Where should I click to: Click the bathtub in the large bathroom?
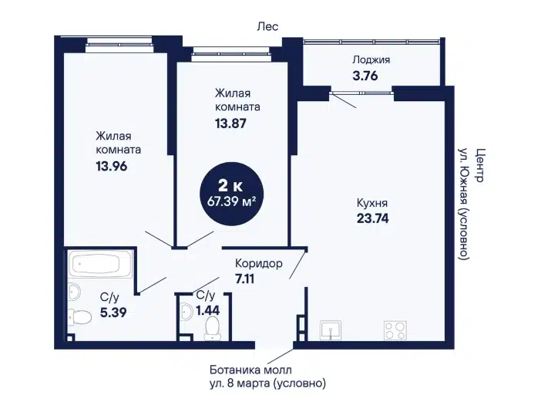(101, 263)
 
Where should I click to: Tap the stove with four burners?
(395, 330)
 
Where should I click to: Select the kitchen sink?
(331, 330)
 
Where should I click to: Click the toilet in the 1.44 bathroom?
(212, 329)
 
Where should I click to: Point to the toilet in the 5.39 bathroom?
(79, 316)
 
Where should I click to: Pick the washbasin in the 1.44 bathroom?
(186, 311)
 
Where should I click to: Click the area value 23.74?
(373, 218)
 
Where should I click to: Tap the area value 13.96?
(112, 166)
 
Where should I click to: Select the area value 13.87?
(230, 123)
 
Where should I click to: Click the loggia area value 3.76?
(365, 76)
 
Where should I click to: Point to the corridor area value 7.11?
(244, 279)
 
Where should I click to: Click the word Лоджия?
(371, 60)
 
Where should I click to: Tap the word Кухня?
(372, 203)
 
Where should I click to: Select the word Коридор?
(259, 263)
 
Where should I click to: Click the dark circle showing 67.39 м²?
(231, 193)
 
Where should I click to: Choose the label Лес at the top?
(267, 26)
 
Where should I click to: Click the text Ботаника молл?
(250, 370)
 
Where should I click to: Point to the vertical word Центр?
(479, 165)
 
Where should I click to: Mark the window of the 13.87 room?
(231, 55)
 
